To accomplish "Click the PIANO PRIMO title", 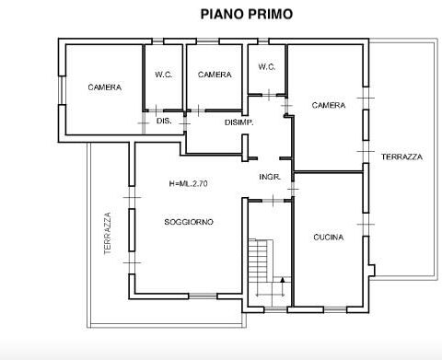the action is coord(247,14).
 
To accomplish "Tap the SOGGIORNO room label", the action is coord(189,222).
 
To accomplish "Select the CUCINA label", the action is coord(329,238).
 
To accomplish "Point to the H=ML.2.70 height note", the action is coord(189,183).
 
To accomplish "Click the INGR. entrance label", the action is coord(270,177).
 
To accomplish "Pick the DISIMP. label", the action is coord(239,122).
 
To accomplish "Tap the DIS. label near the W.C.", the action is coord(164,121).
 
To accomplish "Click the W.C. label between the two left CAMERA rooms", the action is coord(164,75).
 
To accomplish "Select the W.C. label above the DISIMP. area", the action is coord(267,67).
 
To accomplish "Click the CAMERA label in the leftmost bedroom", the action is coord(105,87).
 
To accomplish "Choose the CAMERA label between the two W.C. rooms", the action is coord(215,75).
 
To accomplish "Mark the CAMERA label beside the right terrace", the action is coord(329,105).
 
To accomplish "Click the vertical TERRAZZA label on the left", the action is coord(108,233).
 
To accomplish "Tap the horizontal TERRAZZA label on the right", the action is coord(401,157).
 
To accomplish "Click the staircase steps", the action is coord(261,261).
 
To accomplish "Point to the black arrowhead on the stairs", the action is coord(283,280).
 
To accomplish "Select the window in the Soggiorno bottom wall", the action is coord(203,296).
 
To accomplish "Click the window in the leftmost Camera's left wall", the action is coord(62,90).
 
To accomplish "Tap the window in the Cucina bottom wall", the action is coord(335,309).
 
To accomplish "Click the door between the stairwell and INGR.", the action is coord(273,201).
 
